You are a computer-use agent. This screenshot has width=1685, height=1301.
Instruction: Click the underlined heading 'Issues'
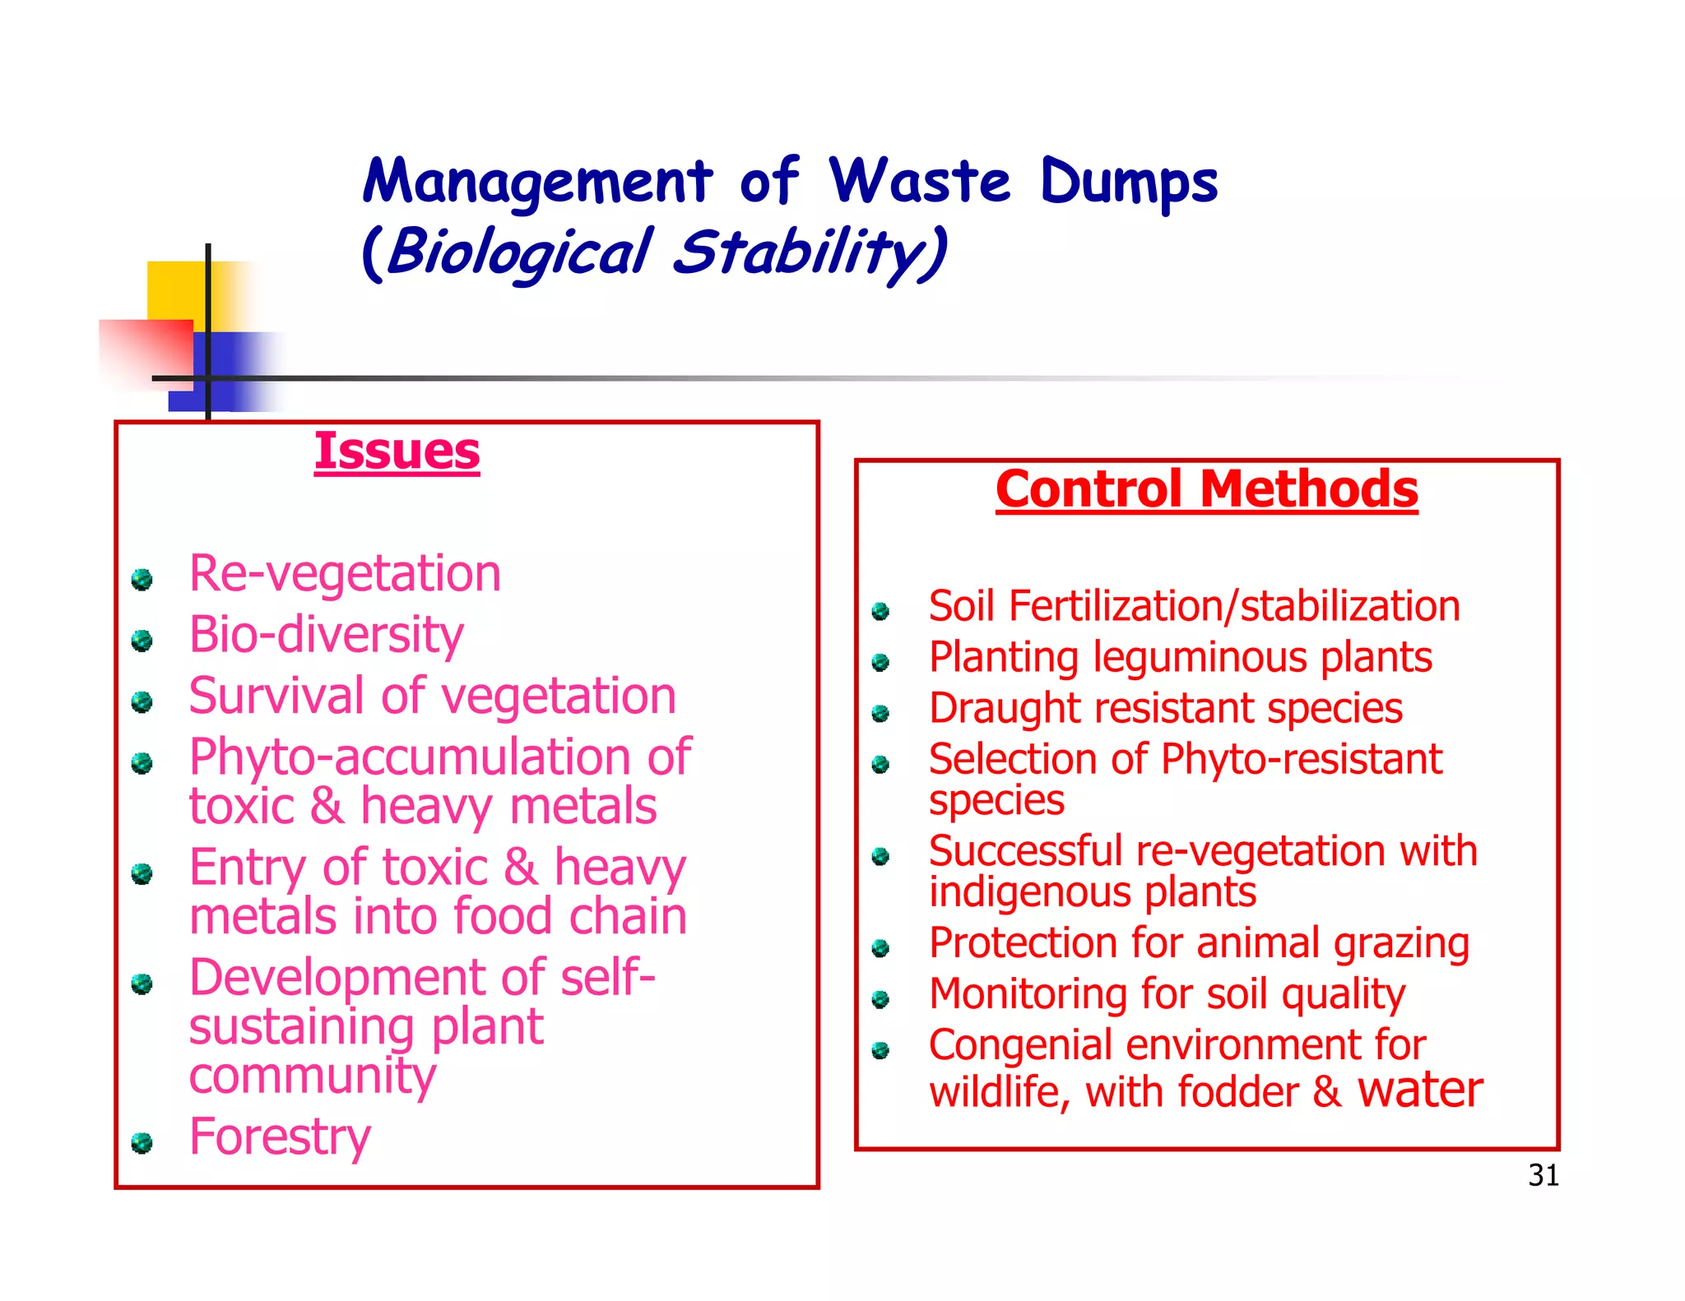pos(397,451)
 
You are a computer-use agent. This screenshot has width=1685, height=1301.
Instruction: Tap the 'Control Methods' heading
pos(1206,489)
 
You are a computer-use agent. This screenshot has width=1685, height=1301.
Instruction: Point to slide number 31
pos(1543,1175)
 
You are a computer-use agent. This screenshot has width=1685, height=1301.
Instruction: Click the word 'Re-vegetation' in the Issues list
pos(345,573)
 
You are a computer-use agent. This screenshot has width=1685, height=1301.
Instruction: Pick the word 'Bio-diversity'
pos(327,635)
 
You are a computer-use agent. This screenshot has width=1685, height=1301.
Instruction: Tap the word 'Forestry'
pos(280,1137)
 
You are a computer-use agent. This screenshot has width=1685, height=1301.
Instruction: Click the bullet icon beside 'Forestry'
pos(142,1143)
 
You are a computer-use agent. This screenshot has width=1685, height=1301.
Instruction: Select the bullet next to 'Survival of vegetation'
pos(142,701)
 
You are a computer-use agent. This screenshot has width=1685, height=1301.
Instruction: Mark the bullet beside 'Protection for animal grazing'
pos(881,949)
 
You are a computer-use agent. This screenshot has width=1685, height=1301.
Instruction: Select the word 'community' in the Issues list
pos(313,1076)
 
